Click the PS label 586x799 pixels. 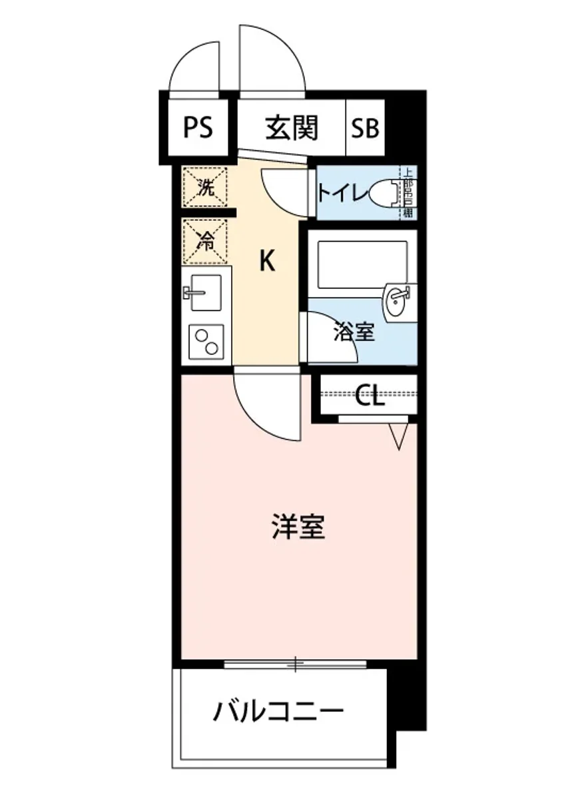click(198, 127)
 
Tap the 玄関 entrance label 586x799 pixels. click(292, 127)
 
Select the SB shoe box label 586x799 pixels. click(365, 128)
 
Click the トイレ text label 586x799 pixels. click(342, 194)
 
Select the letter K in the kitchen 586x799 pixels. click(266, 262)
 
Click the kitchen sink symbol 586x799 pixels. click(205, 292)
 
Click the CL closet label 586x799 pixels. click(369, 397)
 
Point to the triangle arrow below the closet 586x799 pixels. click(399, 436)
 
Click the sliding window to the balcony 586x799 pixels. click(295, 663)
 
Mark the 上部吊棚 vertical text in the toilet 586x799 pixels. click(408, 193)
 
